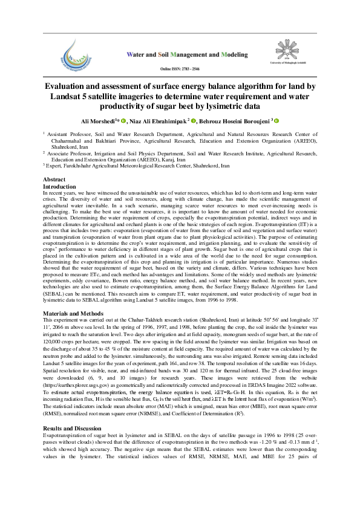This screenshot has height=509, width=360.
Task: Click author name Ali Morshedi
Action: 99,121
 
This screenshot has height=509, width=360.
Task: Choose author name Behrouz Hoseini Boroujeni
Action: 237,121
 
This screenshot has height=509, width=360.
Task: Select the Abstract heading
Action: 55,180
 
